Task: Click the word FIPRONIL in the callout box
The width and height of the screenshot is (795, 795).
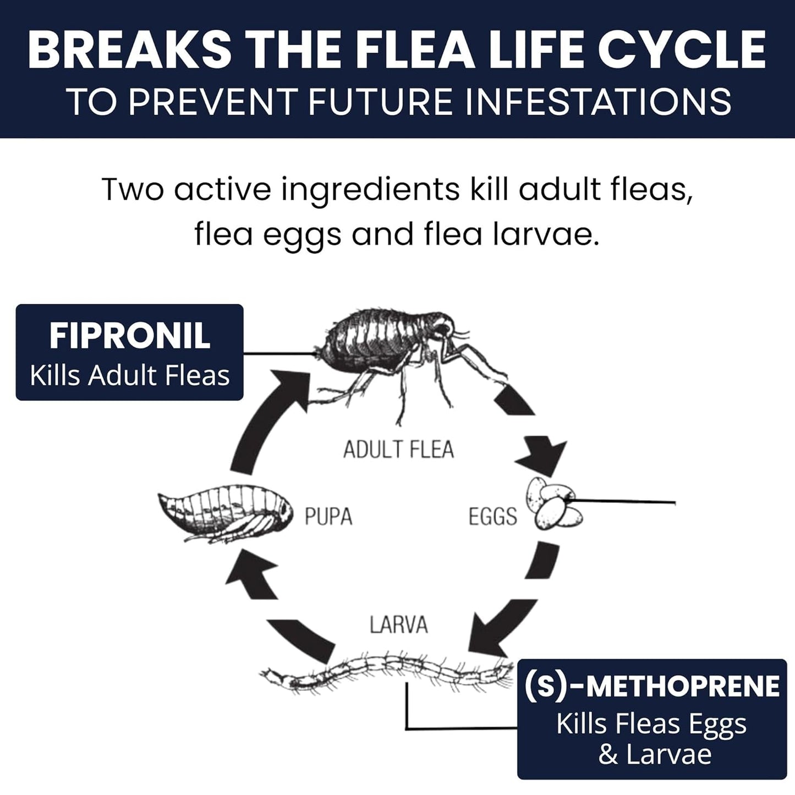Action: click(x=130, y=336)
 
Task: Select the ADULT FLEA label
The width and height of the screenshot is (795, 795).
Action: click(x=398, y=449)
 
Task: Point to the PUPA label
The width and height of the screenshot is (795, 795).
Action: click(x=328, y=517)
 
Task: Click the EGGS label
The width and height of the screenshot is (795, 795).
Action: click(x=492, y=517)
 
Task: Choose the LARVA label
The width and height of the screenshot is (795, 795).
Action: click(x=398, y=625)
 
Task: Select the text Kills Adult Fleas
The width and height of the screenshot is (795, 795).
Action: click(x=130, y=376)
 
